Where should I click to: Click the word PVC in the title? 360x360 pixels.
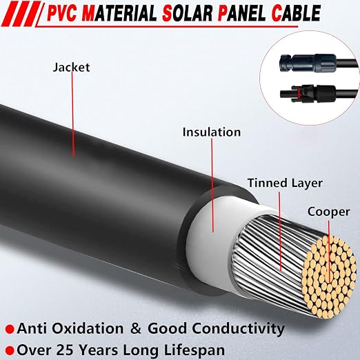62,14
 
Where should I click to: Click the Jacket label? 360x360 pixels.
71,68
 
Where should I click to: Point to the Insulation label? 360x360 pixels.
212,132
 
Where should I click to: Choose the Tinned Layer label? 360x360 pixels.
285,183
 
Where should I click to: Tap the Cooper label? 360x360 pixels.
329,212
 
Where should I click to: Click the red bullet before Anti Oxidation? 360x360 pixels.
10,329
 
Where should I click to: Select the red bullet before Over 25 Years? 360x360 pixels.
10,350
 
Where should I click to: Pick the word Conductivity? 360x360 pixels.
238,329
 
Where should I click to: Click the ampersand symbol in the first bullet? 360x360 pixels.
136,328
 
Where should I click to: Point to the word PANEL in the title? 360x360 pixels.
241,14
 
